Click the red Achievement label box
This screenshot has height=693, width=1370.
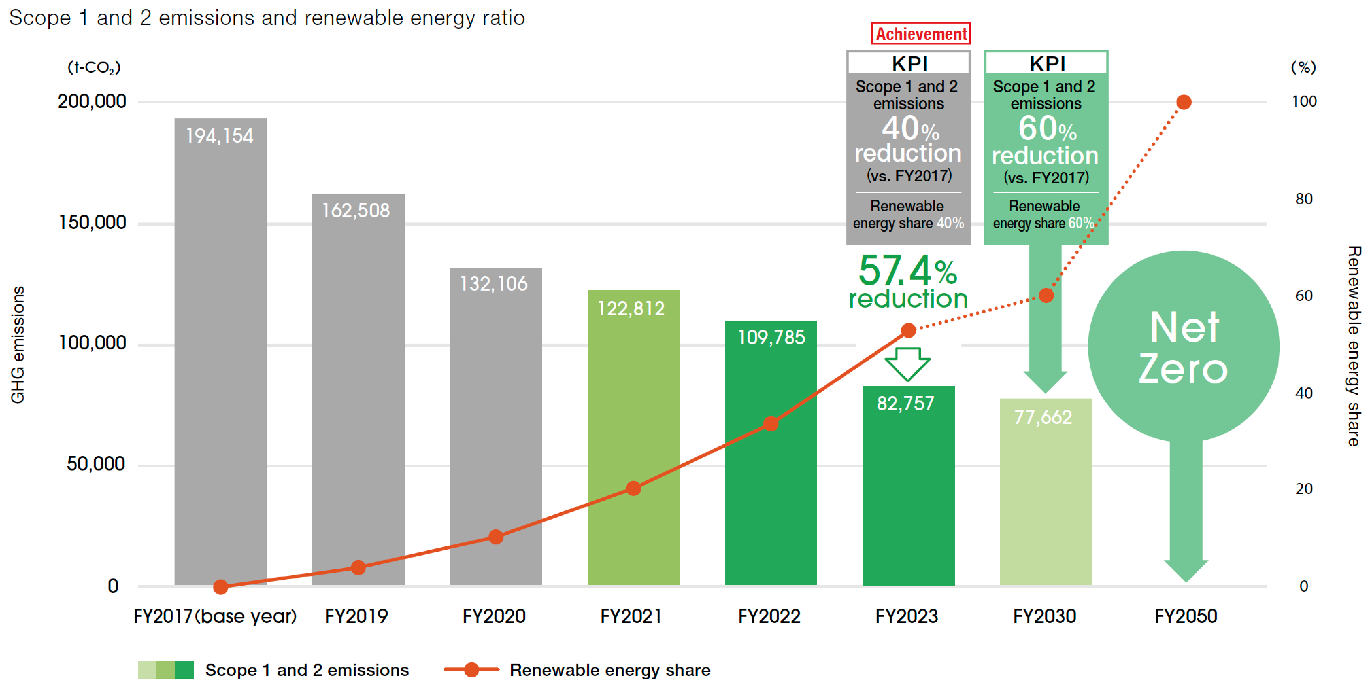(921, 34)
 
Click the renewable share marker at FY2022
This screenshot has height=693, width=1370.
(771, 424)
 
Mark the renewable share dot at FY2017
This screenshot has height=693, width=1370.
(221, 586)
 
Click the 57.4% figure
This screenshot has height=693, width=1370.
(907, 270)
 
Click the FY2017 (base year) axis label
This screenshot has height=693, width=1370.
(215, 616)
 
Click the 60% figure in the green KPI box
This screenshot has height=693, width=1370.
(1047, 129)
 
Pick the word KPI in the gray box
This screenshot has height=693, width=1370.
(909, 64)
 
